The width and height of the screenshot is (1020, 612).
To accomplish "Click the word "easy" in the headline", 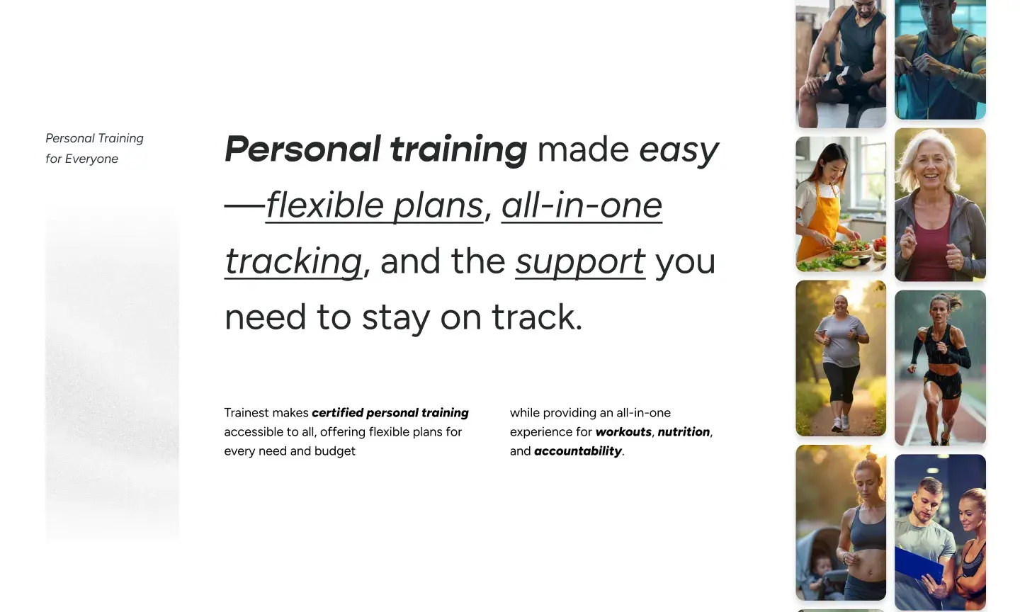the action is pos(679,150).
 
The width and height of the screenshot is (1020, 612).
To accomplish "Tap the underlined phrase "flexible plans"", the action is pos(374,205).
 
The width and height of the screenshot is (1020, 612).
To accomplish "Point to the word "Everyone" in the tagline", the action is pos(91,159).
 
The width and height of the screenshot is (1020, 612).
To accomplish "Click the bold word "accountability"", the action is pos(578,451).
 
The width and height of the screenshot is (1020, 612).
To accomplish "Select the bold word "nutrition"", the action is pos(684,431).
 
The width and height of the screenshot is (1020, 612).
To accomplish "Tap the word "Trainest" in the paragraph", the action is pos(246,413).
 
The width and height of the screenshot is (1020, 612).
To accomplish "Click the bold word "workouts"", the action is pos(623,431).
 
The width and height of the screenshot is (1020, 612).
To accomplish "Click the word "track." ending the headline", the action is pos(538,317).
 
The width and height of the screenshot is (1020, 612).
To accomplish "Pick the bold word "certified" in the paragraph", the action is pos(337,413).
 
